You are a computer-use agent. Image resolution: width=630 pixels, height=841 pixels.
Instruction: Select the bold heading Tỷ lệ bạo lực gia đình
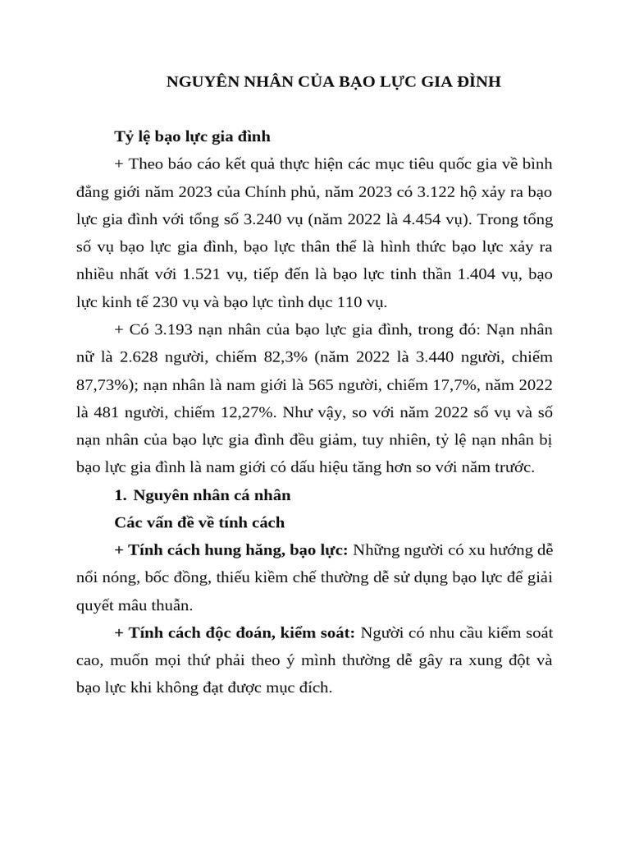coord(192,135)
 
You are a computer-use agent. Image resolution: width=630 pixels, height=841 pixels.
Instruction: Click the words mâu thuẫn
coord(161,605)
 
